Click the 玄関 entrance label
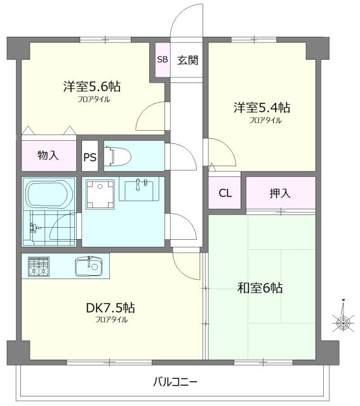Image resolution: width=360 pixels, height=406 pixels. coord(187,60)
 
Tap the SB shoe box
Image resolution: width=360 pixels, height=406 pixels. coord(162,60)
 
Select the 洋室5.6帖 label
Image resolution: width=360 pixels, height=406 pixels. coord(93,87)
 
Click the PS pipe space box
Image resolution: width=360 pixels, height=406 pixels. coord(90,158)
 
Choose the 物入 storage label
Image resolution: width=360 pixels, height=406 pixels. coord(48,155)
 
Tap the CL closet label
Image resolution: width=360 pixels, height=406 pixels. coord(225,193)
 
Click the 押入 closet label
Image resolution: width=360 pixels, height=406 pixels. coord(280,193)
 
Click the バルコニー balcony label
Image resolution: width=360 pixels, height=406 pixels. coord(175,382)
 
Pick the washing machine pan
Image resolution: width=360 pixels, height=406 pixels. coord(100,193)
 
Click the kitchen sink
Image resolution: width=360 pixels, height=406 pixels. coord(89,266)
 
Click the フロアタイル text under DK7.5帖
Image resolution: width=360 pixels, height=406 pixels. coord(111,320)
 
